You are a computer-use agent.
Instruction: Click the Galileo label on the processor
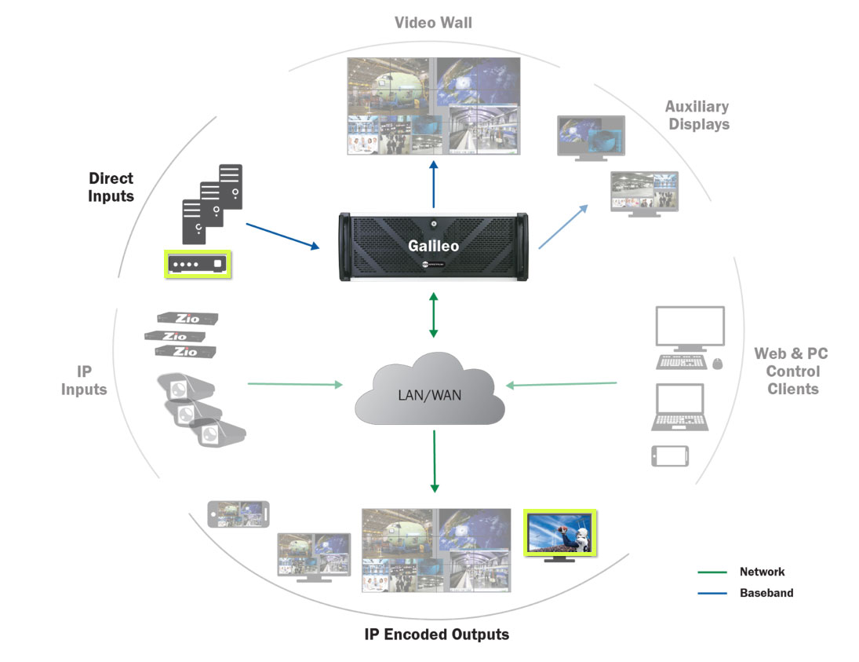tap(433, 246)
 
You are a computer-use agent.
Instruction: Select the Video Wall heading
tap(433, 22)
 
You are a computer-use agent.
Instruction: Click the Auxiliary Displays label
tap(697, 115)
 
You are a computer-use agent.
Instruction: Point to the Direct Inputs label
tap(111, 188)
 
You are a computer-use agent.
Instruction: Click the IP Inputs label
tap(84, 380)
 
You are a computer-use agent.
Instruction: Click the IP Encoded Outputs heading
tap(436, 634)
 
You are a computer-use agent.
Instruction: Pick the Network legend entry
tap(762, 572)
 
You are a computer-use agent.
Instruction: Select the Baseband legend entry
tap(766, 593)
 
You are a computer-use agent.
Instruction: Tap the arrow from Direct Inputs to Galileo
tap(282, 236)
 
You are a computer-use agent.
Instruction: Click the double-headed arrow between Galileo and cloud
tap(433, 315)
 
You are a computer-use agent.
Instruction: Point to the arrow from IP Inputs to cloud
tap(295, 384)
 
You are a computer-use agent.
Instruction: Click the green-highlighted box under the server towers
tap(198, 264)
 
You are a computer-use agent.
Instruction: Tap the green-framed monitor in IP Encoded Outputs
tap(560, 533)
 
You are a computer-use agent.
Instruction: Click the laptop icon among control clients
tap(680, 407)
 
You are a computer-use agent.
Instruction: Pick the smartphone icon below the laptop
tap(670, 456)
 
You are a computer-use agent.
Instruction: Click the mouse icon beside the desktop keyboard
tap(717, 363)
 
